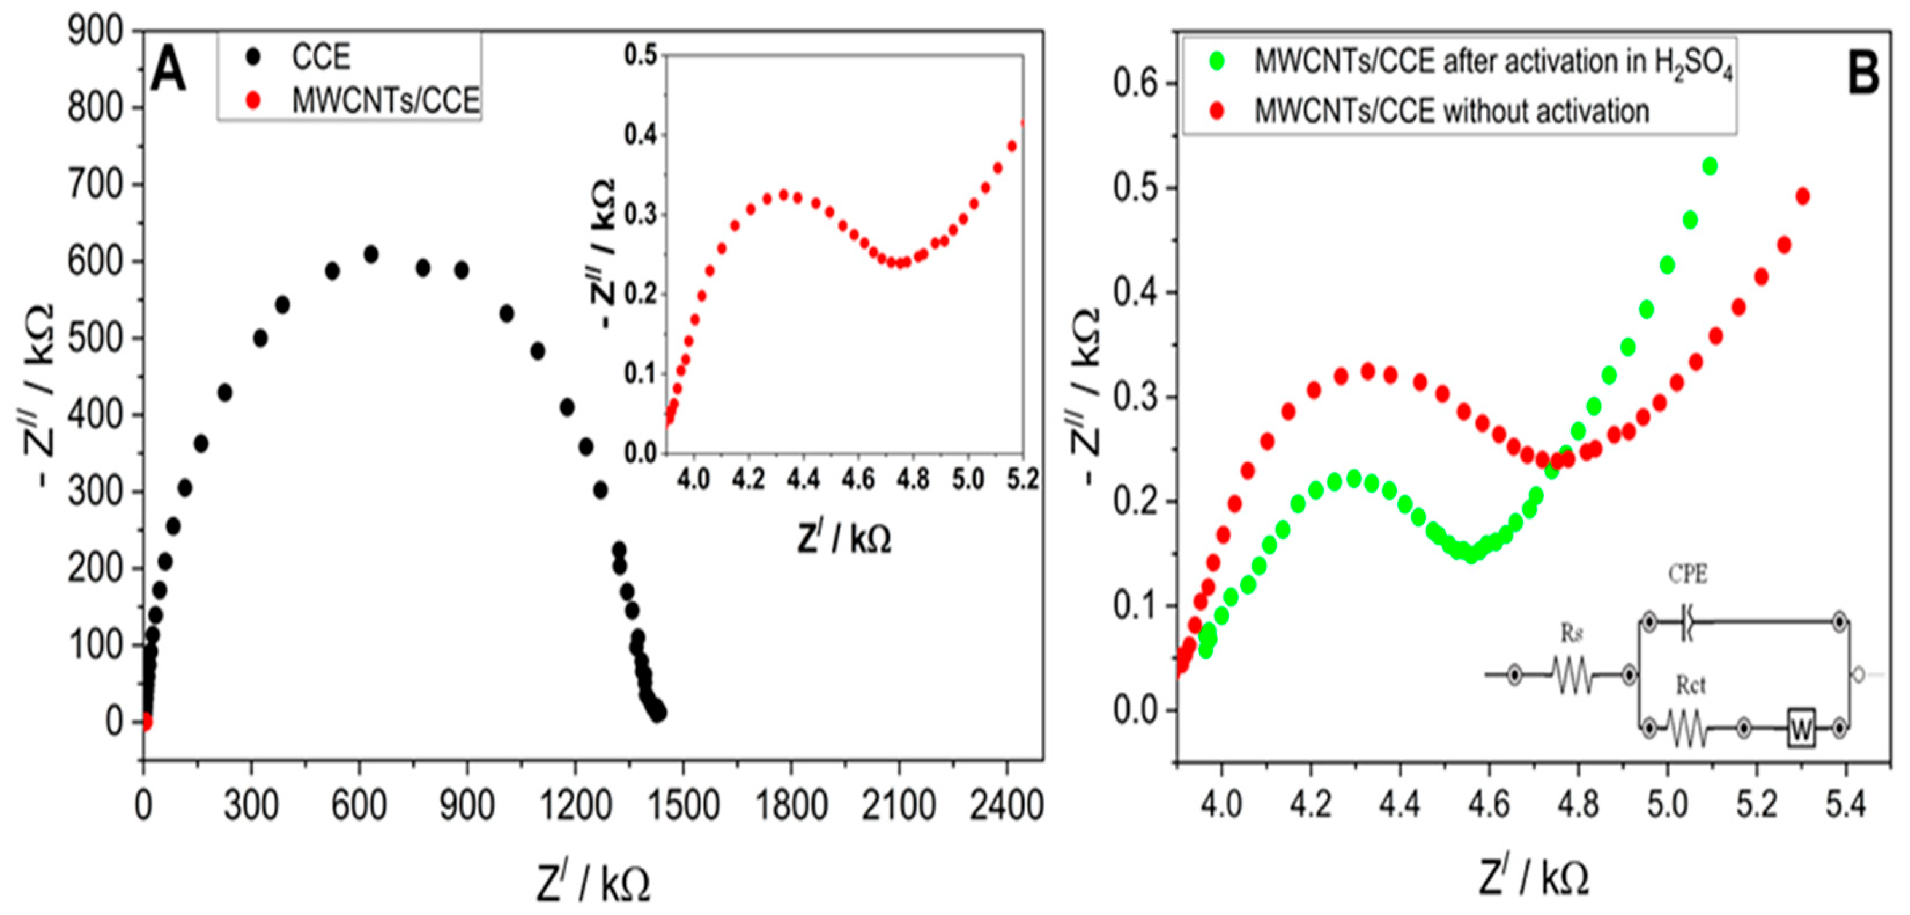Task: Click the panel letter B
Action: click(x=1863, y=75)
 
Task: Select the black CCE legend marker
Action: click(x=255, y=57)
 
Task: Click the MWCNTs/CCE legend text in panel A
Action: click(x=385, y=101)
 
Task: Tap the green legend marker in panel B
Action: click(x=1216, y=61)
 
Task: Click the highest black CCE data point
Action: click(x=371, y=255)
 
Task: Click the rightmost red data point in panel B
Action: click(x=1802, y=197)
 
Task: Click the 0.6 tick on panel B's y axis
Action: click(x=1135, y=84)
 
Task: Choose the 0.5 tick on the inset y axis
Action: click(x=641, y=55)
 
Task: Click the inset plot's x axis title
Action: click(x=844, y=539)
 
